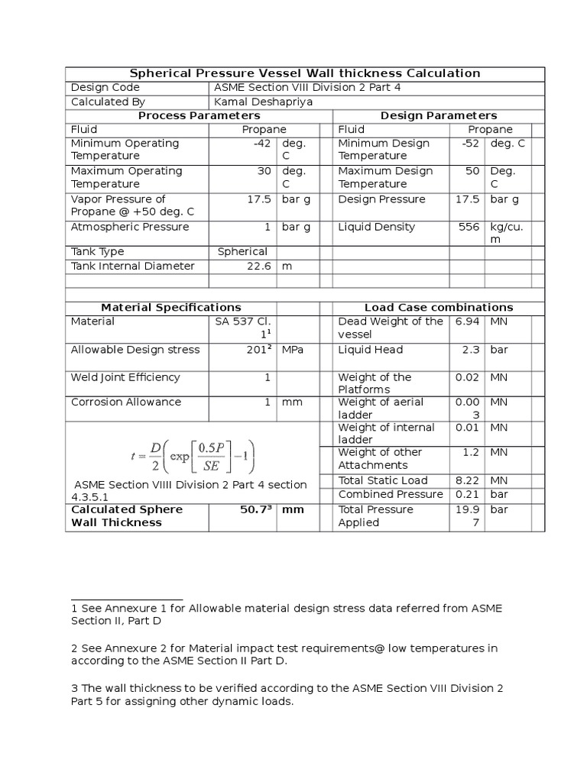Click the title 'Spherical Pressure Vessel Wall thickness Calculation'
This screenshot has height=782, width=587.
pos(304,73)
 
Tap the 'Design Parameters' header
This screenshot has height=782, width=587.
pos(439,115)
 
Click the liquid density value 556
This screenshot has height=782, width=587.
pos(469,227)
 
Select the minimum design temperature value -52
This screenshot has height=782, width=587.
pos(470,144)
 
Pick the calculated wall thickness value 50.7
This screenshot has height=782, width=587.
pos(255,509)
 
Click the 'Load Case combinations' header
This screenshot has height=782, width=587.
pos(439,308)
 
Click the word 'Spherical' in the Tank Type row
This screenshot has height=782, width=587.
pos(242,251)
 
